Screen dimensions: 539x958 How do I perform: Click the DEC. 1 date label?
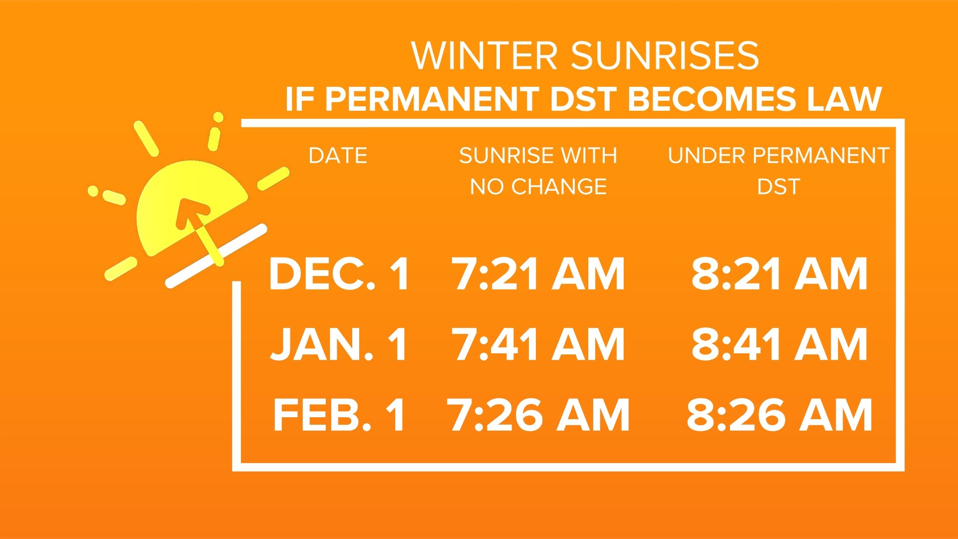pos(339,274)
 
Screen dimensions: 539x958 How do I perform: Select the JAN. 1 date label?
pos(339,344)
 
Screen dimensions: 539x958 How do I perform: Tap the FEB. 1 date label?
pos(339,415)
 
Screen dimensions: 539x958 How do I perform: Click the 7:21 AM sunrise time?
pos(538,274)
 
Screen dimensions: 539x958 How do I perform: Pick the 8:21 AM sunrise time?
pos(779,274)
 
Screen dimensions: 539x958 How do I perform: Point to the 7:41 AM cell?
pos(538,344)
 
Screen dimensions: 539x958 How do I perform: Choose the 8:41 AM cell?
pos(779,344)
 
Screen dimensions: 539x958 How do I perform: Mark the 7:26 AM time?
pos(538,415)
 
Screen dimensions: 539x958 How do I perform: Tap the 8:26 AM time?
pos(779,415)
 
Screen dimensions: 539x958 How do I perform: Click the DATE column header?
pos(338,156)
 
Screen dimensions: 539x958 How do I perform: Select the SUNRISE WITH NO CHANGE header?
pos(538,171)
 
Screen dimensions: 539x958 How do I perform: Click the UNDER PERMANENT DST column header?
pos(778,171)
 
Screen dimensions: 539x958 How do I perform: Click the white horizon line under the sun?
pos(216,256)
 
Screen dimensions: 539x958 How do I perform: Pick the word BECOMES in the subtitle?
pos(712,99)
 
